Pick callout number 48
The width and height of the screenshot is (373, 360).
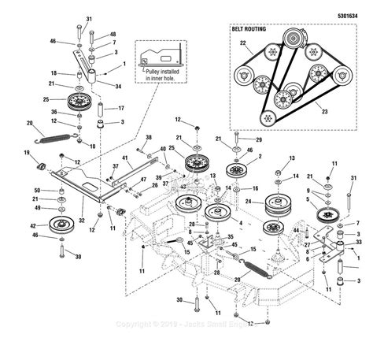pyautogui.click(x=113, y=34)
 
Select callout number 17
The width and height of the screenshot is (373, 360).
pyautogui.click(x=122, y=108)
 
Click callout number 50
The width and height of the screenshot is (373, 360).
pyautogui.click(x=36, y=191)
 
